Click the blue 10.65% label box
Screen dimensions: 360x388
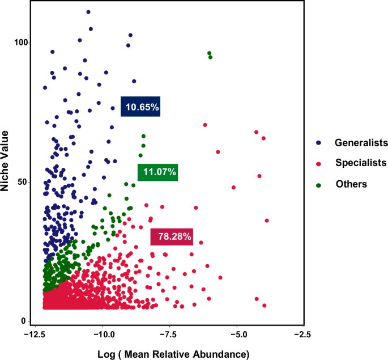tap(141, 107)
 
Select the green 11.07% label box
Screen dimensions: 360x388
tap(158, 171)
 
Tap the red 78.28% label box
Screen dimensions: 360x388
tap(172, 236)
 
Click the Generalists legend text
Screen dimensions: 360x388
tap(361, 142)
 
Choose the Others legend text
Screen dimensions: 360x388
tap(351, 184)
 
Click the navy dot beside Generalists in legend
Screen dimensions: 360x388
tap(319, 143)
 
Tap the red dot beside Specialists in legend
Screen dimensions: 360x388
tap(319, 164)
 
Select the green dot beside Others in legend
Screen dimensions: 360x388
tap(319, 184)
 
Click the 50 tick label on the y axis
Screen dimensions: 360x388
tap(24, 182)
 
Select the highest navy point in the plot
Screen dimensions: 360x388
tap(88, 12)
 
